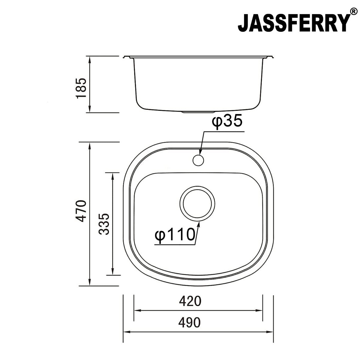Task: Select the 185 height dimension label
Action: pos(81,88)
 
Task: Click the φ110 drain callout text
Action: pos(175,235)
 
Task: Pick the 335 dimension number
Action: pos(104,223)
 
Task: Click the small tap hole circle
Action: pos(198,160)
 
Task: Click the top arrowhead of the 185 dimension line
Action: pos(89,59)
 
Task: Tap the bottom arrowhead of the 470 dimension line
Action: pos(89,283)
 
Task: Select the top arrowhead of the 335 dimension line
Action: pos(112,176)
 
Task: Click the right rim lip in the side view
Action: pos(270,57)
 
